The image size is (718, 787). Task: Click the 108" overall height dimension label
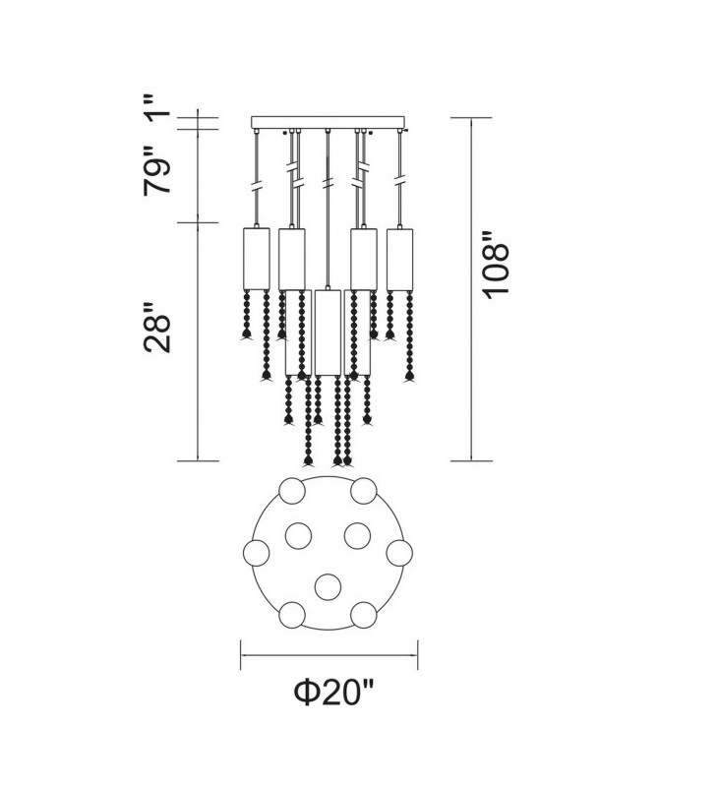(x=497, y=266)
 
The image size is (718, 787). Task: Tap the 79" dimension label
(x=157, y=170)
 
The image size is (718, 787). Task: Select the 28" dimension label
(x=157, y=328)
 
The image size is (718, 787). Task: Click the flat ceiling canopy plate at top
(x=328, y=122)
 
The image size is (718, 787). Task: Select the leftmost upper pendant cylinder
(x=256, y=259)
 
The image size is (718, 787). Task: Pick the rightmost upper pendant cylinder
(x=399, y=259)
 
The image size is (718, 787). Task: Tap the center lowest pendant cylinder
(x=329, y=332)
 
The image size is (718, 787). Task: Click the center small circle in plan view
(x=329, y=586)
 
